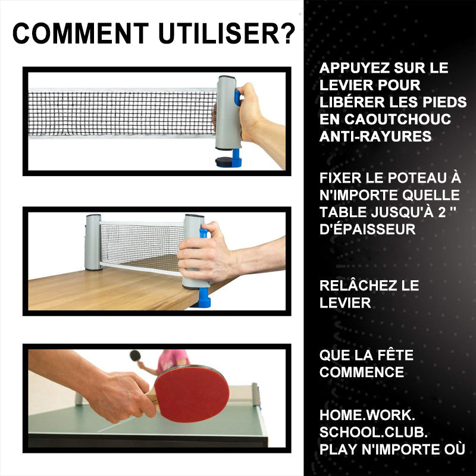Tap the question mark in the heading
(288, 33)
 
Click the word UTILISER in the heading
(219, 33)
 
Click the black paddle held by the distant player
(135, 355)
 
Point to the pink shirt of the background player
(173, 361)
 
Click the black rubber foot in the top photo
(224, 161)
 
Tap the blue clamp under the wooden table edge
(204, 297)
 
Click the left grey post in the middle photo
(93, 242)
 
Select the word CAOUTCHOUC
(397, 119)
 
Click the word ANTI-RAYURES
(375, 136)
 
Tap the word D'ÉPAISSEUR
(367, 229)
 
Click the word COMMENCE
(362, 372)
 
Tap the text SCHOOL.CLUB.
(374, 432)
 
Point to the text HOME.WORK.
(367, 415)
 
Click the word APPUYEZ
(350, 68)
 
